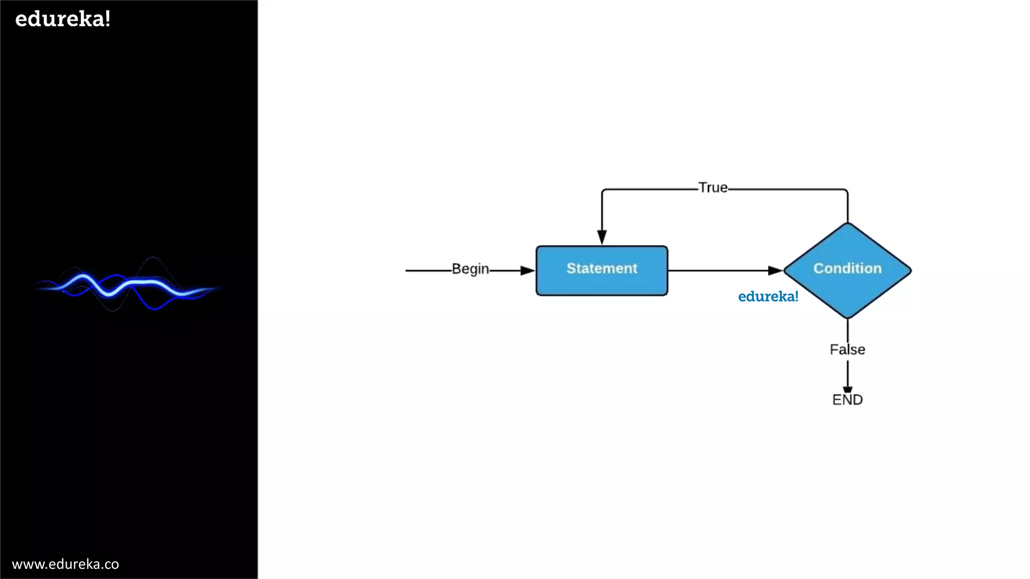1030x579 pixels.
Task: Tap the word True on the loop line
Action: tap(713, 187)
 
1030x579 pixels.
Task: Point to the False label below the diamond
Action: tap(847, 349)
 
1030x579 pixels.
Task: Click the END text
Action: tap(847, 400)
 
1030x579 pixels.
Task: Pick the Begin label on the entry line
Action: tap(470, 269)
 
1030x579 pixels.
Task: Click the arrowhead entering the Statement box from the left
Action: tap(528, 270)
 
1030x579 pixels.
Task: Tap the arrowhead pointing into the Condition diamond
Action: tap(775, 270)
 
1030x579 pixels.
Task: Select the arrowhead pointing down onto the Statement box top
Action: tap(602, 237)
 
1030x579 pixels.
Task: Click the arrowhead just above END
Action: tap(847, 389)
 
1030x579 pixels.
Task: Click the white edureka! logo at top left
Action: tap(63, 19)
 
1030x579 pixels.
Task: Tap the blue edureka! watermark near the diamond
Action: tap(768, 297)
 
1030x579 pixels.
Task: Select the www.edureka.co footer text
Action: tap(65, 564)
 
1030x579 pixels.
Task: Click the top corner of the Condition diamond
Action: tap(847, 224)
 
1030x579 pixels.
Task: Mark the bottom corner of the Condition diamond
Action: tap(847, 317)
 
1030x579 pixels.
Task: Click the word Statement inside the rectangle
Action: tap(602, 268)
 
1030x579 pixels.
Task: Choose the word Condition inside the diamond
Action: tap(847, 268)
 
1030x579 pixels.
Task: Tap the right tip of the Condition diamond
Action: tap(910, 270)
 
